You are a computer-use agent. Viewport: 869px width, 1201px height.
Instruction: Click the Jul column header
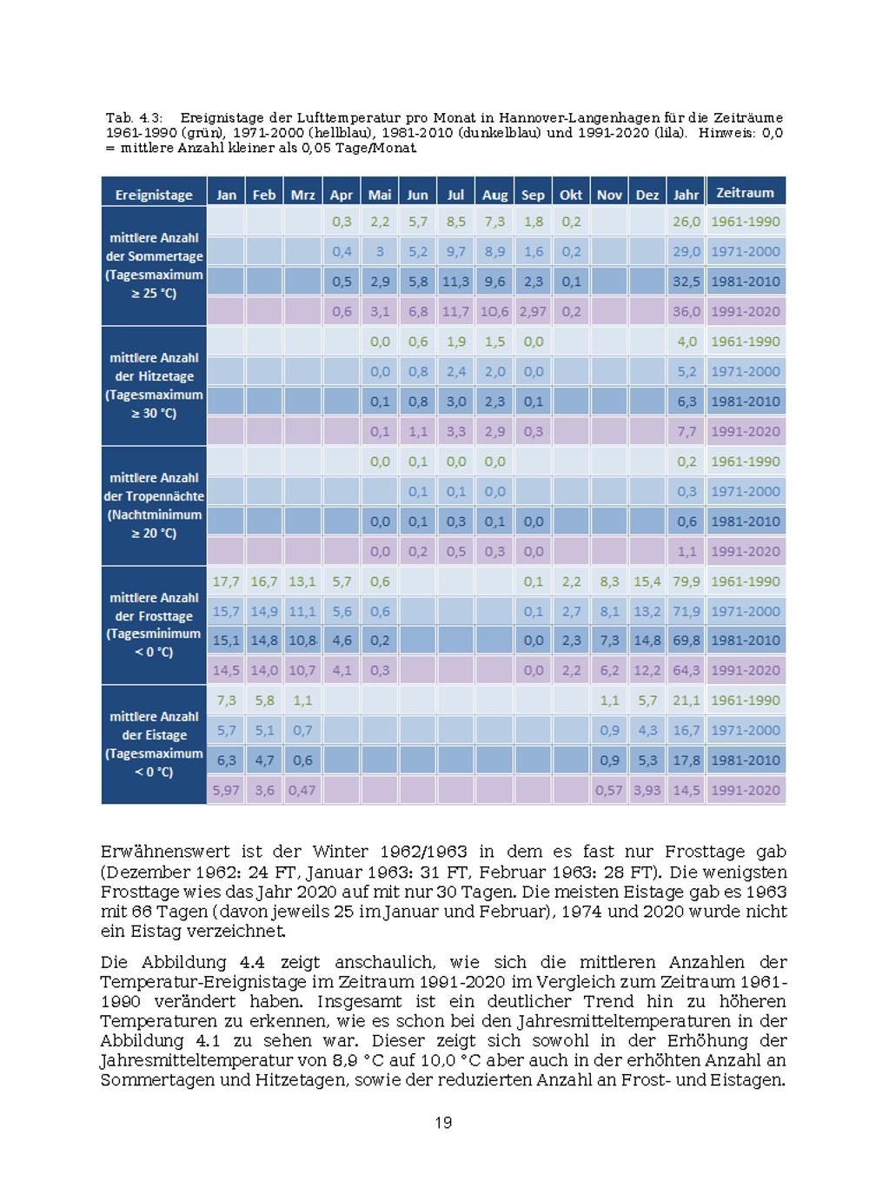click(456, 195)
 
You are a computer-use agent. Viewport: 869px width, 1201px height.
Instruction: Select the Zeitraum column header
click(745, 193)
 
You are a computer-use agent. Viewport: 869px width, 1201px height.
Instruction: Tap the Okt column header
click(571, 195)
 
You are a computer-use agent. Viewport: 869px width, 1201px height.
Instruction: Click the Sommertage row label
click(154, 265)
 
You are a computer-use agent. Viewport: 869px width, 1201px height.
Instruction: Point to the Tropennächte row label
click(154, 505)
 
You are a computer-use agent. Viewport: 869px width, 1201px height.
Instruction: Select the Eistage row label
click(154, 744)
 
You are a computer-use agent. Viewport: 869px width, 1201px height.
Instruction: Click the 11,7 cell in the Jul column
click(456, 311)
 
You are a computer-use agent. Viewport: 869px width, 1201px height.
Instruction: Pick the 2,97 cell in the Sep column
click(533, 311)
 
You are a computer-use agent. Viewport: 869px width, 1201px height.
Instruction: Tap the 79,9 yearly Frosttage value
click(686, 581)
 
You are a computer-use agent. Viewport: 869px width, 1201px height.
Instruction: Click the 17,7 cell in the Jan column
click(226, 581)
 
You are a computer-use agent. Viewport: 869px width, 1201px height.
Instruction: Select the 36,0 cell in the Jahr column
click(686, 311)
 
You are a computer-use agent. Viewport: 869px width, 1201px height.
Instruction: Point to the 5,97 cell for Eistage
click(226, 790)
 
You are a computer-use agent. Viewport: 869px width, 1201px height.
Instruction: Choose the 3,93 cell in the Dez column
click(647, 790)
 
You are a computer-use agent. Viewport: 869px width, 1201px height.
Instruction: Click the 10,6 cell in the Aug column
click(494, 311)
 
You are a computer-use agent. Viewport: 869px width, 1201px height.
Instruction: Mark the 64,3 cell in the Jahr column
click(686, 670)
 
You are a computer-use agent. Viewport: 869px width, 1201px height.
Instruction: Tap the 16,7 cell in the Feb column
click(264, 581)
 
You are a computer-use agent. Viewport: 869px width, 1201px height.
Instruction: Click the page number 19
click(443, 1123)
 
